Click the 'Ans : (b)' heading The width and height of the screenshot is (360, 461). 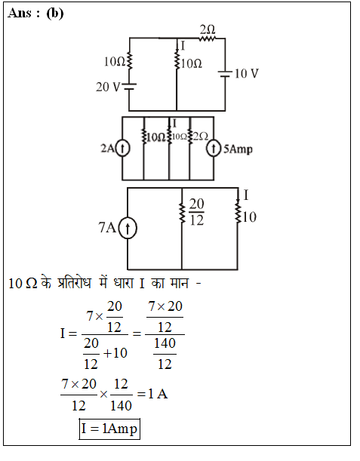tap(35, 14)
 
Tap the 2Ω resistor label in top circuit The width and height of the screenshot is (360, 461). tap(208, 29)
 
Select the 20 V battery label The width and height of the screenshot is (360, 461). tap(108, 87)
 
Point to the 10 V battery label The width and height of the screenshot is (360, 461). tap(247, 73)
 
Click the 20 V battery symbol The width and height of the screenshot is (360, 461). tap(129, 86)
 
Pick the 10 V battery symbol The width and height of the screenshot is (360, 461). tap(225, 74)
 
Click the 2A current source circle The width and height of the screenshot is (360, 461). tap(122, 149)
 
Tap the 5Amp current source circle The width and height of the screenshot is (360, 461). tap(214, 149)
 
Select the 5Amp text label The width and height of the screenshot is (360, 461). tap(238, 149)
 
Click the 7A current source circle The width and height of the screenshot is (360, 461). tap(128, 228)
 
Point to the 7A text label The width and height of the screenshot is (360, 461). tap(107, 227)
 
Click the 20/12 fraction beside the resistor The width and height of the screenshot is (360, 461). tap(196, 212)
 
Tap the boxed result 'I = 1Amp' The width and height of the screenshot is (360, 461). tap(109, 429)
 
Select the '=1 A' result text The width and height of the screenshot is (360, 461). tap(152, 394)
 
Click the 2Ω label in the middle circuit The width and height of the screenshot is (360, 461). tap(201, 137)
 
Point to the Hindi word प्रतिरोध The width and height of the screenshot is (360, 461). tap(75, 283)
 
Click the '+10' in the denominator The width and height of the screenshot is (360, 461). tap(115, 353)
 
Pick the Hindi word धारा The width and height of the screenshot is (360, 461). tap(124, 283)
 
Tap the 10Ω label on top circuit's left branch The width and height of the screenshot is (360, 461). tap(115, 61)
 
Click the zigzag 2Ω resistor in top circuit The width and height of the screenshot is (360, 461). tap(208, 38)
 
